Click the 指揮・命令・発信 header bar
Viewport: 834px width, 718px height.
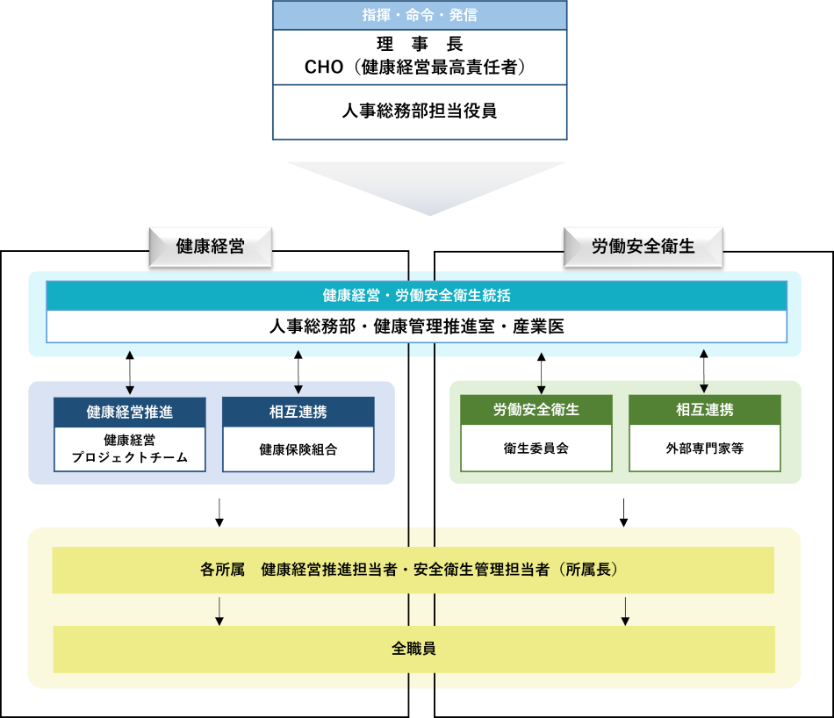(x=420, y=15)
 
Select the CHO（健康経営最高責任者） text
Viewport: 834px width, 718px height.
(x=420, y=67)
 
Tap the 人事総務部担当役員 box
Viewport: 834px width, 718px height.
(x=420, y=111)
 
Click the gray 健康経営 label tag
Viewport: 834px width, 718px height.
(x=211, y=247)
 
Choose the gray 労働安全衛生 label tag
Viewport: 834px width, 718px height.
(x=643, y=247)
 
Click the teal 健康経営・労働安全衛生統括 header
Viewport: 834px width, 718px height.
(x=416, y=296)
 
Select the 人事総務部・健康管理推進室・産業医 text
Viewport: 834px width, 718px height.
(x=416, y=327)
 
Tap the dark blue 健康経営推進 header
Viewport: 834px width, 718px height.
(x=130, y=411)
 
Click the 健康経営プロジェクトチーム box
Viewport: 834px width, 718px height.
(x=130, y=449)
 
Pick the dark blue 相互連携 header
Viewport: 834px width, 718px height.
(x=298, y=411)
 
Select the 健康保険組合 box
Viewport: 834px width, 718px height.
(x=298, y=449)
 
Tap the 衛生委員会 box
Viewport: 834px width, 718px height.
(x=536, y=448)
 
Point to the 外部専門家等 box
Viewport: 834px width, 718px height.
(x=704, y=448)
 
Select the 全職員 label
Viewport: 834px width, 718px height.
(x=413, y=650)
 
